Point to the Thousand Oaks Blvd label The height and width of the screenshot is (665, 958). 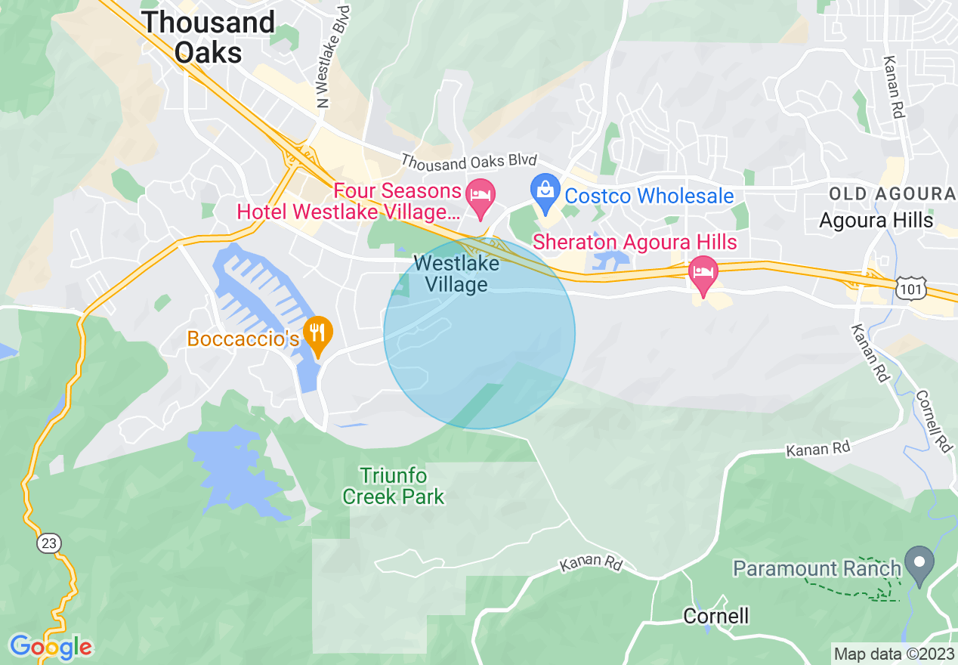tap(468, 160)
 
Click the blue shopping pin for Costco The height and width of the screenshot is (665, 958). tap(544, 192)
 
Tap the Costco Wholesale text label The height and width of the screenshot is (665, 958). tap(649, 196)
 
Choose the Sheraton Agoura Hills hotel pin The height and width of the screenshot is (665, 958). tap(703, 276)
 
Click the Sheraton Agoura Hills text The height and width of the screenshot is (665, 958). tap(635, 243)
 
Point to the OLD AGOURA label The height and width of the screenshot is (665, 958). tap(892, 194)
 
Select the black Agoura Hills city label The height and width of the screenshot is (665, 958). tap(876, 221)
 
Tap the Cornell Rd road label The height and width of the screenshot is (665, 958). tap(934, 421)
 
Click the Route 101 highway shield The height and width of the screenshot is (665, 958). tap(907, 287)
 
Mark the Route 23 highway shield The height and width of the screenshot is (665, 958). tap(48, 544)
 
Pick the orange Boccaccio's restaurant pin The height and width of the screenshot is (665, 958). tap(319, 335)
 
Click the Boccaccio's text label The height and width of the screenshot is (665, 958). tap(243, 339)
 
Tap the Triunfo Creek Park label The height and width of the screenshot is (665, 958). tap(393, 486)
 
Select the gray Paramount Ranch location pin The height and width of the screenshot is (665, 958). tap(919, 564)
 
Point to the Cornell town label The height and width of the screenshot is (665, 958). tap(715, 616)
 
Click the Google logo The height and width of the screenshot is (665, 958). tap(51, 647)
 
